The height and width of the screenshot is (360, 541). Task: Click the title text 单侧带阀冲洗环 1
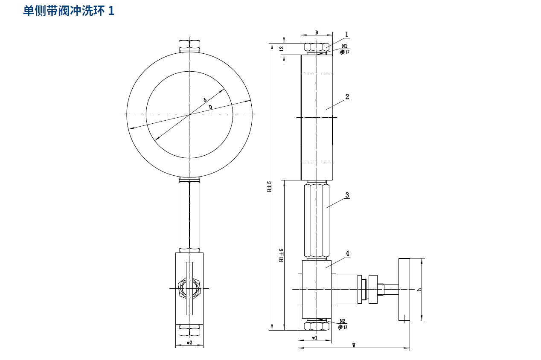(x=69, y=11)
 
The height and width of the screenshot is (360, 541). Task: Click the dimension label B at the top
(x=317, y=32)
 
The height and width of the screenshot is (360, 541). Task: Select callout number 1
(x=347, y=35)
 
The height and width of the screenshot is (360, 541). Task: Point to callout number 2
(x=347, y=96)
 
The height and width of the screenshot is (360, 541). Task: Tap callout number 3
(x=347, y=195)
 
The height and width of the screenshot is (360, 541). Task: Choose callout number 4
(x=347, y=253)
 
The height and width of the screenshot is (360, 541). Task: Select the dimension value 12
(x=281, y=49)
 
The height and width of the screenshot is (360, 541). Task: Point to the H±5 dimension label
(x=269, y=187)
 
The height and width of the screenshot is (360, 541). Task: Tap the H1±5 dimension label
(x=281, y=255)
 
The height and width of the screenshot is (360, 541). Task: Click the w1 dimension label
(x=314, y=338)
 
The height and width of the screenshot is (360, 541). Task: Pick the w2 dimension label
(x=189, y=343)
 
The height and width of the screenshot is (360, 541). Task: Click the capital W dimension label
(x=354, y=345)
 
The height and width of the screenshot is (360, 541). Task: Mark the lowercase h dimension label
(x=419, y=289)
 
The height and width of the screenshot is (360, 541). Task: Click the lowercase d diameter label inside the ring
(x=205, y=100)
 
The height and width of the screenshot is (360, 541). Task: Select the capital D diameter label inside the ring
(x=210, y=107)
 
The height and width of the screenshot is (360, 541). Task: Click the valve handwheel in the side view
(x=404, y=290)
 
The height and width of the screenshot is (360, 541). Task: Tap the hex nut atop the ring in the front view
(x=189, y=44)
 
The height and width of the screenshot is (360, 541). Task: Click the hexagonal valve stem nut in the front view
(x=189, y=289)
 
